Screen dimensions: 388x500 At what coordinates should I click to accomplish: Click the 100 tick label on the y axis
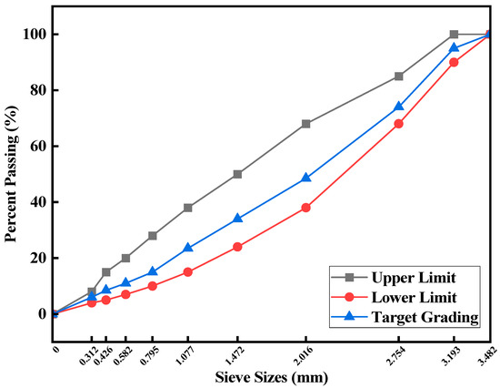pyautogui.click(x=32, y=35)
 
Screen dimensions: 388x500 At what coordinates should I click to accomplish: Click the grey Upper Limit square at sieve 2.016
pyautogui.click(x=305, y=124)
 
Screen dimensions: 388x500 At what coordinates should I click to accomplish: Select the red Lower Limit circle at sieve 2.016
pyautogui.click(x=305, y=208)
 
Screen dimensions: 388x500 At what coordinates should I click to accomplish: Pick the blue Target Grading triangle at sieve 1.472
pyautogui.click(x=237, y=219)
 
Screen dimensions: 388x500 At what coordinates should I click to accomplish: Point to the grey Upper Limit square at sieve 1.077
pyautogui.click(x=188, y=208)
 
